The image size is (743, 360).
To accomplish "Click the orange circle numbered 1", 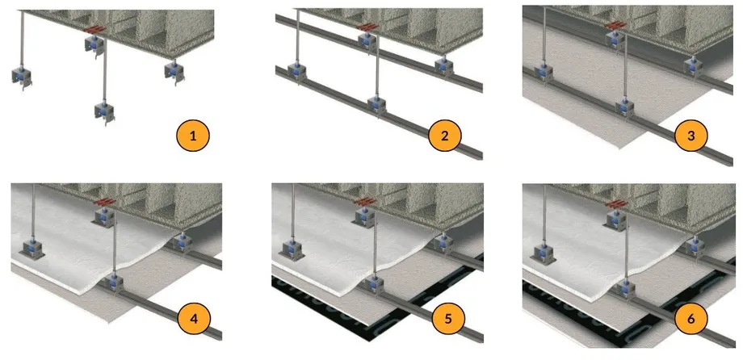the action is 192,136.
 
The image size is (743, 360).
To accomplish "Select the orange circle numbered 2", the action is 444,136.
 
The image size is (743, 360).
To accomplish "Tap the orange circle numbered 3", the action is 691,136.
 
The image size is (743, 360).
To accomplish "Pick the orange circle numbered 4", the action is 194,319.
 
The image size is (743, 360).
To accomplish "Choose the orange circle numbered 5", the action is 449,319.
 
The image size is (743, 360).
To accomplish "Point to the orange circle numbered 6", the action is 691,319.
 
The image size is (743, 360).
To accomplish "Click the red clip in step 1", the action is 94,30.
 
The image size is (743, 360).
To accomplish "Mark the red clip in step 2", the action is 367,27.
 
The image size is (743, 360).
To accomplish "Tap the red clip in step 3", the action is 617,25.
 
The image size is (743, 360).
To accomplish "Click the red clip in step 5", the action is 366,202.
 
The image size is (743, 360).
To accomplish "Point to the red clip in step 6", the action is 617,204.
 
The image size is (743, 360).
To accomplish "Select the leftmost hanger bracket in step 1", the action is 22,77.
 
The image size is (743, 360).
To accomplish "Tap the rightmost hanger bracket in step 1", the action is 174,71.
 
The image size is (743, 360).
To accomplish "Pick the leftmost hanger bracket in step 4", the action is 32,249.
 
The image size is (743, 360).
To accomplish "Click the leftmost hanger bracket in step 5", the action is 292,249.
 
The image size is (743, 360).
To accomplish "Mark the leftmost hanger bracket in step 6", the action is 544,251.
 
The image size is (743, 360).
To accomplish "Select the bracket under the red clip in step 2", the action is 367,42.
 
